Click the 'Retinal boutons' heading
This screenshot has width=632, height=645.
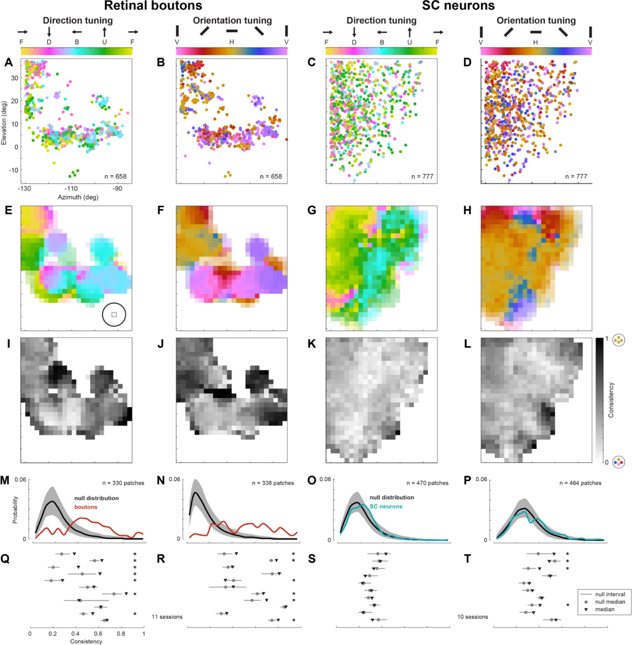coord(153,6)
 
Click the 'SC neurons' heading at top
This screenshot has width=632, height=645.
coord(458,6)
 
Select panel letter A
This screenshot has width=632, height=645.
coord(9,63)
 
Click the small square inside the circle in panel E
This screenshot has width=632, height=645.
coord(114,314)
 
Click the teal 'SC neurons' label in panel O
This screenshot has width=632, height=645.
coord(386,506)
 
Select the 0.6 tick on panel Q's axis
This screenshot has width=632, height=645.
coord(99,633)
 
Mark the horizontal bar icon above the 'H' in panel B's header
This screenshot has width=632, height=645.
coord(232,31)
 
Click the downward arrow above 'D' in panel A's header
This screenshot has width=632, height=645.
coord(49,32)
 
